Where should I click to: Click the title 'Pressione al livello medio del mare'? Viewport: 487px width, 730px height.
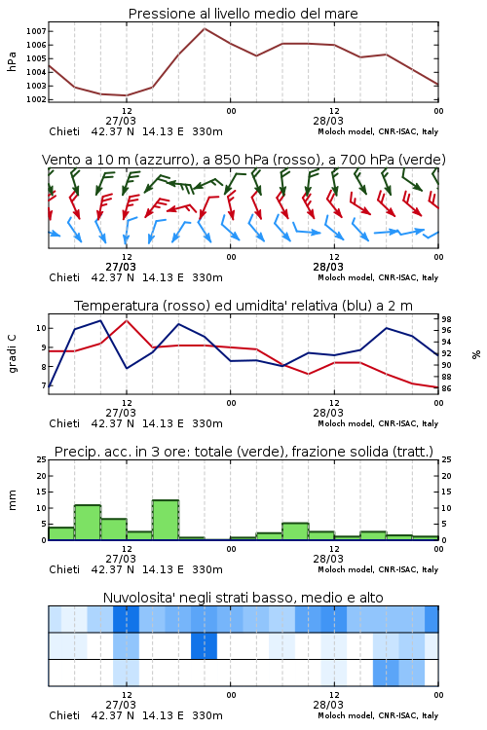click(x=243, y=14)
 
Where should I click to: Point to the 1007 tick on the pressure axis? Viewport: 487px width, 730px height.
click(x=36, y=32)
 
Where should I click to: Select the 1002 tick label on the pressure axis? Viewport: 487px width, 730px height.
click(x=36, y=99)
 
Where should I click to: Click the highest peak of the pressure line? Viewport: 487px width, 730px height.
click(x=205, y=28)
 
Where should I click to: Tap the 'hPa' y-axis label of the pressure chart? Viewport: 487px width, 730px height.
click(x=12, y=61)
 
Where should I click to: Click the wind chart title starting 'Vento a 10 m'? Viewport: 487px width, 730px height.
click(x=243, y=160)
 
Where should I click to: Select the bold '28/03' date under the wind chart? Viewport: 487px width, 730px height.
click(x=328, y=267)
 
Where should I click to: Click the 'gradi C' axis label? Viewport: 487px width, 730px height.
click(x=13, y=353)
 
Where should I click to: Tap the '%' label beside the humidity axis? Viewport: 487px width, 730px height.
click(x=476, y=354)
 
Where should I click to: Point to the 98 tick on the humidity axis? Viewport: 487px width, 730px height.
click(x=446, y=319)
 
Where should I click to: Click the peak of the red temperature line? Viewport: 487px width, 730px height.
click(x=127, y=320)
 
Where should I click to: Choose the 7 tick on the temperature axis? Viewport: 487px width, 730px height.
click(x=44, y=386)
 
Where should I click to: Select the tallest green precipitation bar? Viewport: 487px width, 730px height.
click(x=166, y=520)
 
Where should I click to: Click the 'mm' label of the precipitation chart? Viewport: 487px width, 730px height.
click(x=12, y=499)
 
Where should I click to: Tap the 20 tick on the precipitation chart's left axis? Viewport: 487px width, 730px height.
click(x=42, y=476)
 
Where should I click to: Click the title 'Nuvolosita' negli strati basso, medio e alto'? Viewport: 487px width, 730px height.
click(x=243, y=598)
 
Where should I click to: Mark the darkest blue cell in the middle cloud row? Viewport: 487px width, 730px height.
click(x=205, y=645)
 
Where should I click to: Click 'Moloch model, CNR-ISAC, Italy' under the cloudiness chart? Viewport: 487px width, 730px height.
click(x=378, y=715)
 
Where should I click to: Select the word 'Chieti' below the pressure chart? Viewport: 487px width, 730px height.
click(x=64, y=131)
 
